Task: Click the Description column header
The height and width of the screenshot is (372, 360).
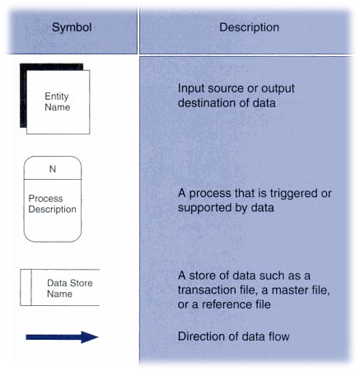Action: click(249, 28)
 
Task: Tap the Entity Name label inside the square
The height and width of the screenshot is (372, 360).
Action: click(57, 102)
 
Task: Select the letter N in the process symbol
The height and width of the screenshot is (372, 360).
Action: click(53, 169)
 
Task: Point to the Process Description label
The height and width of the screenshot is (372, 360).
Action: click(52, 204)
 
